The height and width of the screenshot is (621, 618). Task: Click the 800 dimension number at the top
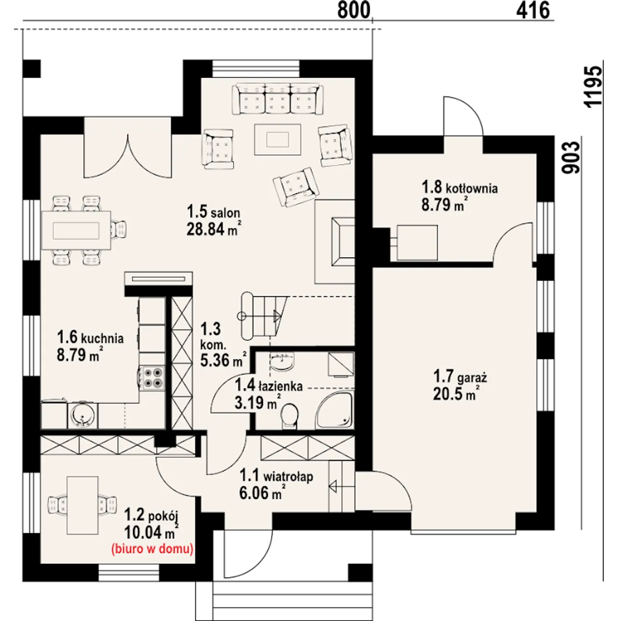point(353,10)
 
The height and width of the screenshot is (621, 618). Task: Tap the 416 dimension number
point(533,10)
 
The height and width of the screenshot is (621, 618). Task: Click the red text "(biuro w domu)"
point(152,549)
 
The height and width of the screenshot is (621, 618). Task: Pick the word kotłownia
point(472,188)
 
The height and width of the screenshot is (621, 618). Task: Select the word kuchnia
point(102,338)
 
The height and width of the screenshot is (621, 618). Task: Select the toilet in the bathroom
point(290,416)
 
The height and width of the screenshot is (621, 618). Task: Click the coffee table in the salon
point(278,139)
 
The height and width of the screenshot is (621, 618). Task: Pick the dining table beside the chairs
point(76,230)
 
